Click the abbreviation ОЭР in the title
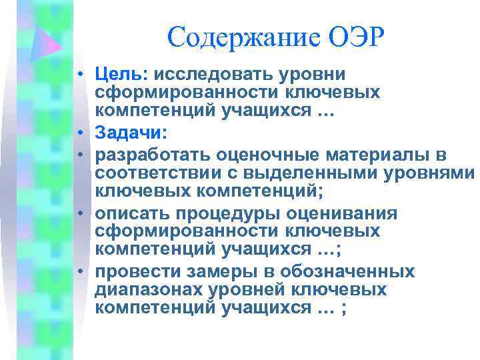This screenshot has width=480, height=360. pos(357,38)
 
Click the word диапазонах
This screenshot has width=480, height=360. pos(151,291)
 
